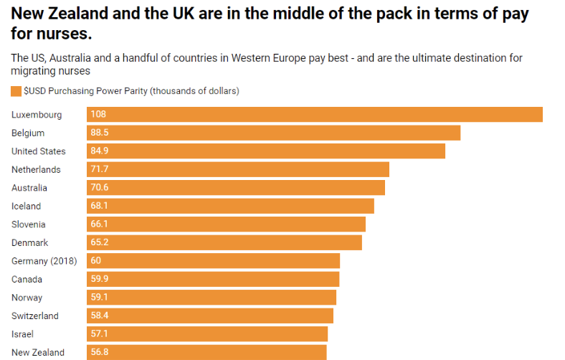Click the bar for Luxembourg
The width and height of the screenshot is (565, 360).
tap(314, 115)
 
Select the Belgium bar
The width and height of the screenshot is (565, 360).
tap(273, 133)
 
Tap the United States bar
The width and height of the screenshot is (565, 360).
tap(265, 151)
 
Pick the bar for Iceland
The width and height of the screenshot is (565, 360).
tap(230, 207)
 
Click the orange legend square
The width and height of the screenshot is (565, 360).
tap(16, 91)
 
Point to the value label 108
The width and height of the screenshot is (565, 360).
tap(98, 115)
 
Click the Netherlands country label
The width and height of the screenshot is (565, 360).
tap(36, 170)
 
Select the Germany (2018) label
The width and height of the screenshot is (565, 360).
tap(44, 261)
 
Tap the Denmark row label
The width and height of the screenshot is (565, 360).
tap(30, 243)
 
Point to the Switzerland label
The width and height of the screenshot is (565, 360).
tap(35, 316)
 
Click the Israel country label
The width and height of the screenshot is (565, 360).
tap(23, 334)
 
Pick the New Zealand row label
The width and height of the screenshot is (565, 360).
tap(38, 353)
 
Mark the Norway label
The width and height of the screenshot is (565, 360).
tap(27, 298)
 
